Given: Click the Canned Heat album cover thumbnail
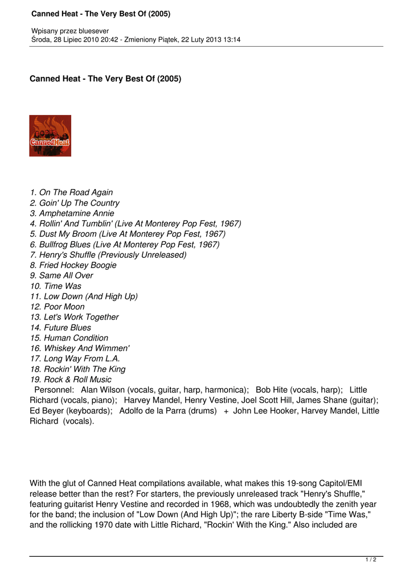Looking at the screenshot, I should (50, 136).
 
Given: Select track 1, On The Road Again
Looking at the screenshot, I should (71, 192).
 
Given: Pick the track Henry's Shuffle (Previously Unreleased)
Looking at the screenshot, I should (108, 255).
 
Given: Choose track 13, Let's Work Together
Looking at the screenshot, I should (74, 317).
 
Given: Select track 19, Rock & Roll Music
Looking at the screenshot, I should (71, 380).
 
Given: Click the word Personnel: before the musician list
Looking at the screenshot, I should (54, 390).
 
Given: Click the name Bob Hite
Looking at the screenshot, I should (273, 390).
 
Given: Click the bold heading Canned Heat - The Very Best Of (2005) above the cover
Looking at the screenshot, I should (105, 79).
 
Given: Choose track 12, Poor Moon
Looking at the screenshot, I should (57, 307).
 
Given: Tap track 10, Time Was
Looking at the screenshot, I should (55, 286).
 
